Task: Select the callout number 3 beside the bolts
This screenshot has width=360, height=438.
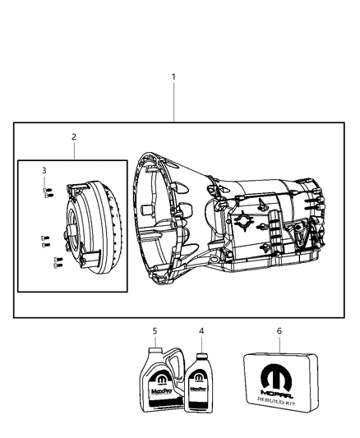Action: (44, 170)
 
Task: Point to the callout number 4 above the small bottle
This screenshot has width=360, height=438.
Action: (200, 331)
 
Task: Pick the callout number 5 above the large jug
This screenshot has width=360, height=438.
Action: (154, 331)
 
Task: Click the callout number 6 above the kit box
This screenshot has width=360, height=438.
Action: (279, 331)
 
